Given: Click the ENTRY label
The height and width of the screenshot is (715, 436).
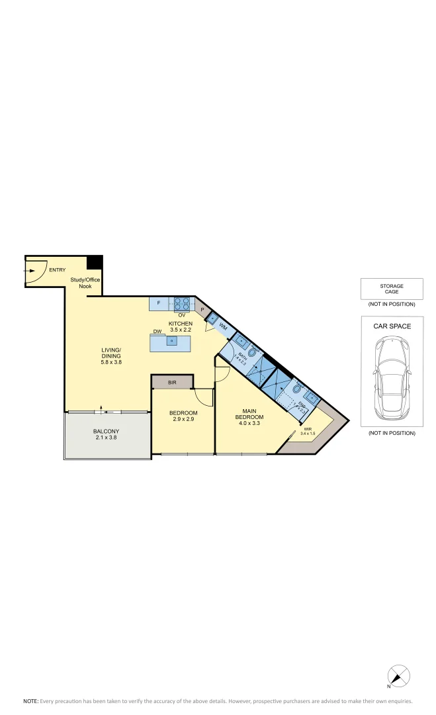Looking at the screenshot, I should (x=57, y=269).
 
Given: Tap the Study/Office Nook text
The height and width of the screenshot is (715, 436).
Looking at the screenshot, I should (x=85, y=283).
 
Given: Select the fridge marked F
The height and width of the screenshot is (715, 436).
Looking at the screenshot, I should (x=159, y=304).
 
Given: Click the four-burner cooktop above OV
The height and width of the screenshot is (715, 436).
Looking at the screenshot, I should (x=182, y=304).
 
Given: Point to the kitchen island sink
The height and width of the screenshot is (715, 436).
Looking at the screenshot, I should (x=171, y=342).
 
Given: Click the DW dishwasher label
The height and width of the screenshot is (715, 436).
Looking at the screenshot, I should (x=157, y=332).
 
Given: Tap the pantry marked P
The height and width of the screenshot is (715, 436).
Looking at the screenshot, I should (x=202, y=309).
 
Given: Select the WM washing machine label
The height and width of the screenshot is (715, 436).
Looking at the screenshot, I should (x=224, y=327).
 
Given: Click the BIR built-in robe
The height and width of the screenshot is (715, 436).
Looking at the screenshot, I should (x=172, y=383).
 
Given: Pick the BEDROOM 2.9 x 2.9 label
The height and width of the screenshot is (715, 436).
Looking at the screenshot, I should (x=183, y=416).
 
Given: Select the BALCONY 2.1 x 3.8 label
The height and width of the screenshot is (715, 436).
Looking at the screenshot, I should (x=107, y=435).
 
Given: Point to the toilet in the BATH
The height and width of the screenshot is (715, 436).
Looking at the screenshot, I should (x=251, y=354).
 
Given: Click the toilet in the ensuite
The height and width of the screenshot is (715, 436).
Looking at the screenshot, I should (x=297, y=390).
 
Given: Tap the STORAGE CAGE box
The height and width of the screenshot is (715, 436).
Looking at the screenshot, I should (x=392, y=289).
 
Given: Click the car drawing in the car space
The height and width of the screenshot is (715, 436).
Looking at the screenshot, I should (x=391, y=378).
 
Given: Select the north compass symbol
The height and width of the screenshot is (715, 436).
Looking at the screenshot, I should (x=398, y=676).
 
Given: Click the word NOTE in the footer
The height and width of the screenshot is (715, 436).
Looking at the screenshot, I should (x=30, y=700).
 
